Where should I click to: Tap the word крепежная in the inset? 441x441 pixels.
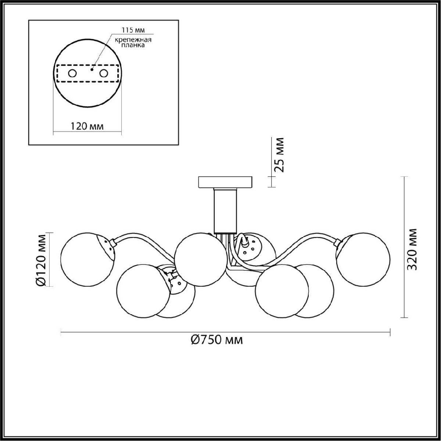point(133,40)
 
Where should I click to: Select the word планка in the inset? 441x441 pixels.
point(133,45)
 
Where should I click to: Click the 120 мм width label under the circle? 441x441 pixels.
point(87,126)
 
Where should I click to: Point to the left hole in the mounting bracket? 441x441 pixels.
point(72,73)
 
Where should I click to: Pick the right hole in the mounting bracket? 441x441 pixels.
point(103,73)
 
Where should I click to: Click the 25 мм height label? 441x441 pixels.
point(279,155)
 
